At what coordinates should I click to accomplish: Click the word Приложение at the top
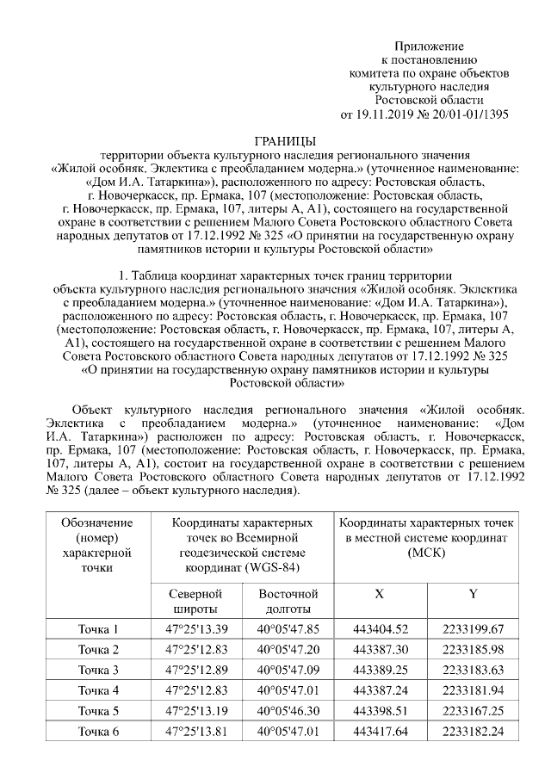(429, 45)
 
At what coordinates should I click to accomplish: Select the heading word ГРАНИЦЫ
(286, 141)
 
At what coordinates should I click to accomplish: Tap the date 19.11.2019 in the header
(385, 114)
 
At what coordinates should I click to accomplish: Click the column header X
(380, 594)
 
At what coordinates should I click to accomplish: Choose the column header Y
(473, 594)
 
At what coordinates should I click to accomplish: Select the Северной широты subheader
(195, 601)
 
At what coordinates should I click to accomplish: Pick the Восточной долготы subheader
(288, 601)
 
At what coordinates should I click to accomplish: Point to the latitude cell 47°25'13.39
(195, 628)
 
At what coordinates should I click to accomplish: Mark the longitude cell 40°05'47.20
(288, 649)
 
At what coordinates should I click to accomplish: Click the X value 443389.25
(380, 670)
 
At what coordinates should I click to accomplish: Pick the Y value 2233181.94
(473, 690)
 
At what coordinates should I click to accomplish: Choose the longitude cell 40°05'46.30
(288, 711)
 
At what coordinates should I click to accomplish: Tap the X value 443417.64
(380, 732)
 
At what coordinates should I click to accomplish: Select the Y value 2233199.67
(473, 628)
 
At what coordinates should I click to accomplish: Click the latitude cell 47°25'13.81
(195, 732)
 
